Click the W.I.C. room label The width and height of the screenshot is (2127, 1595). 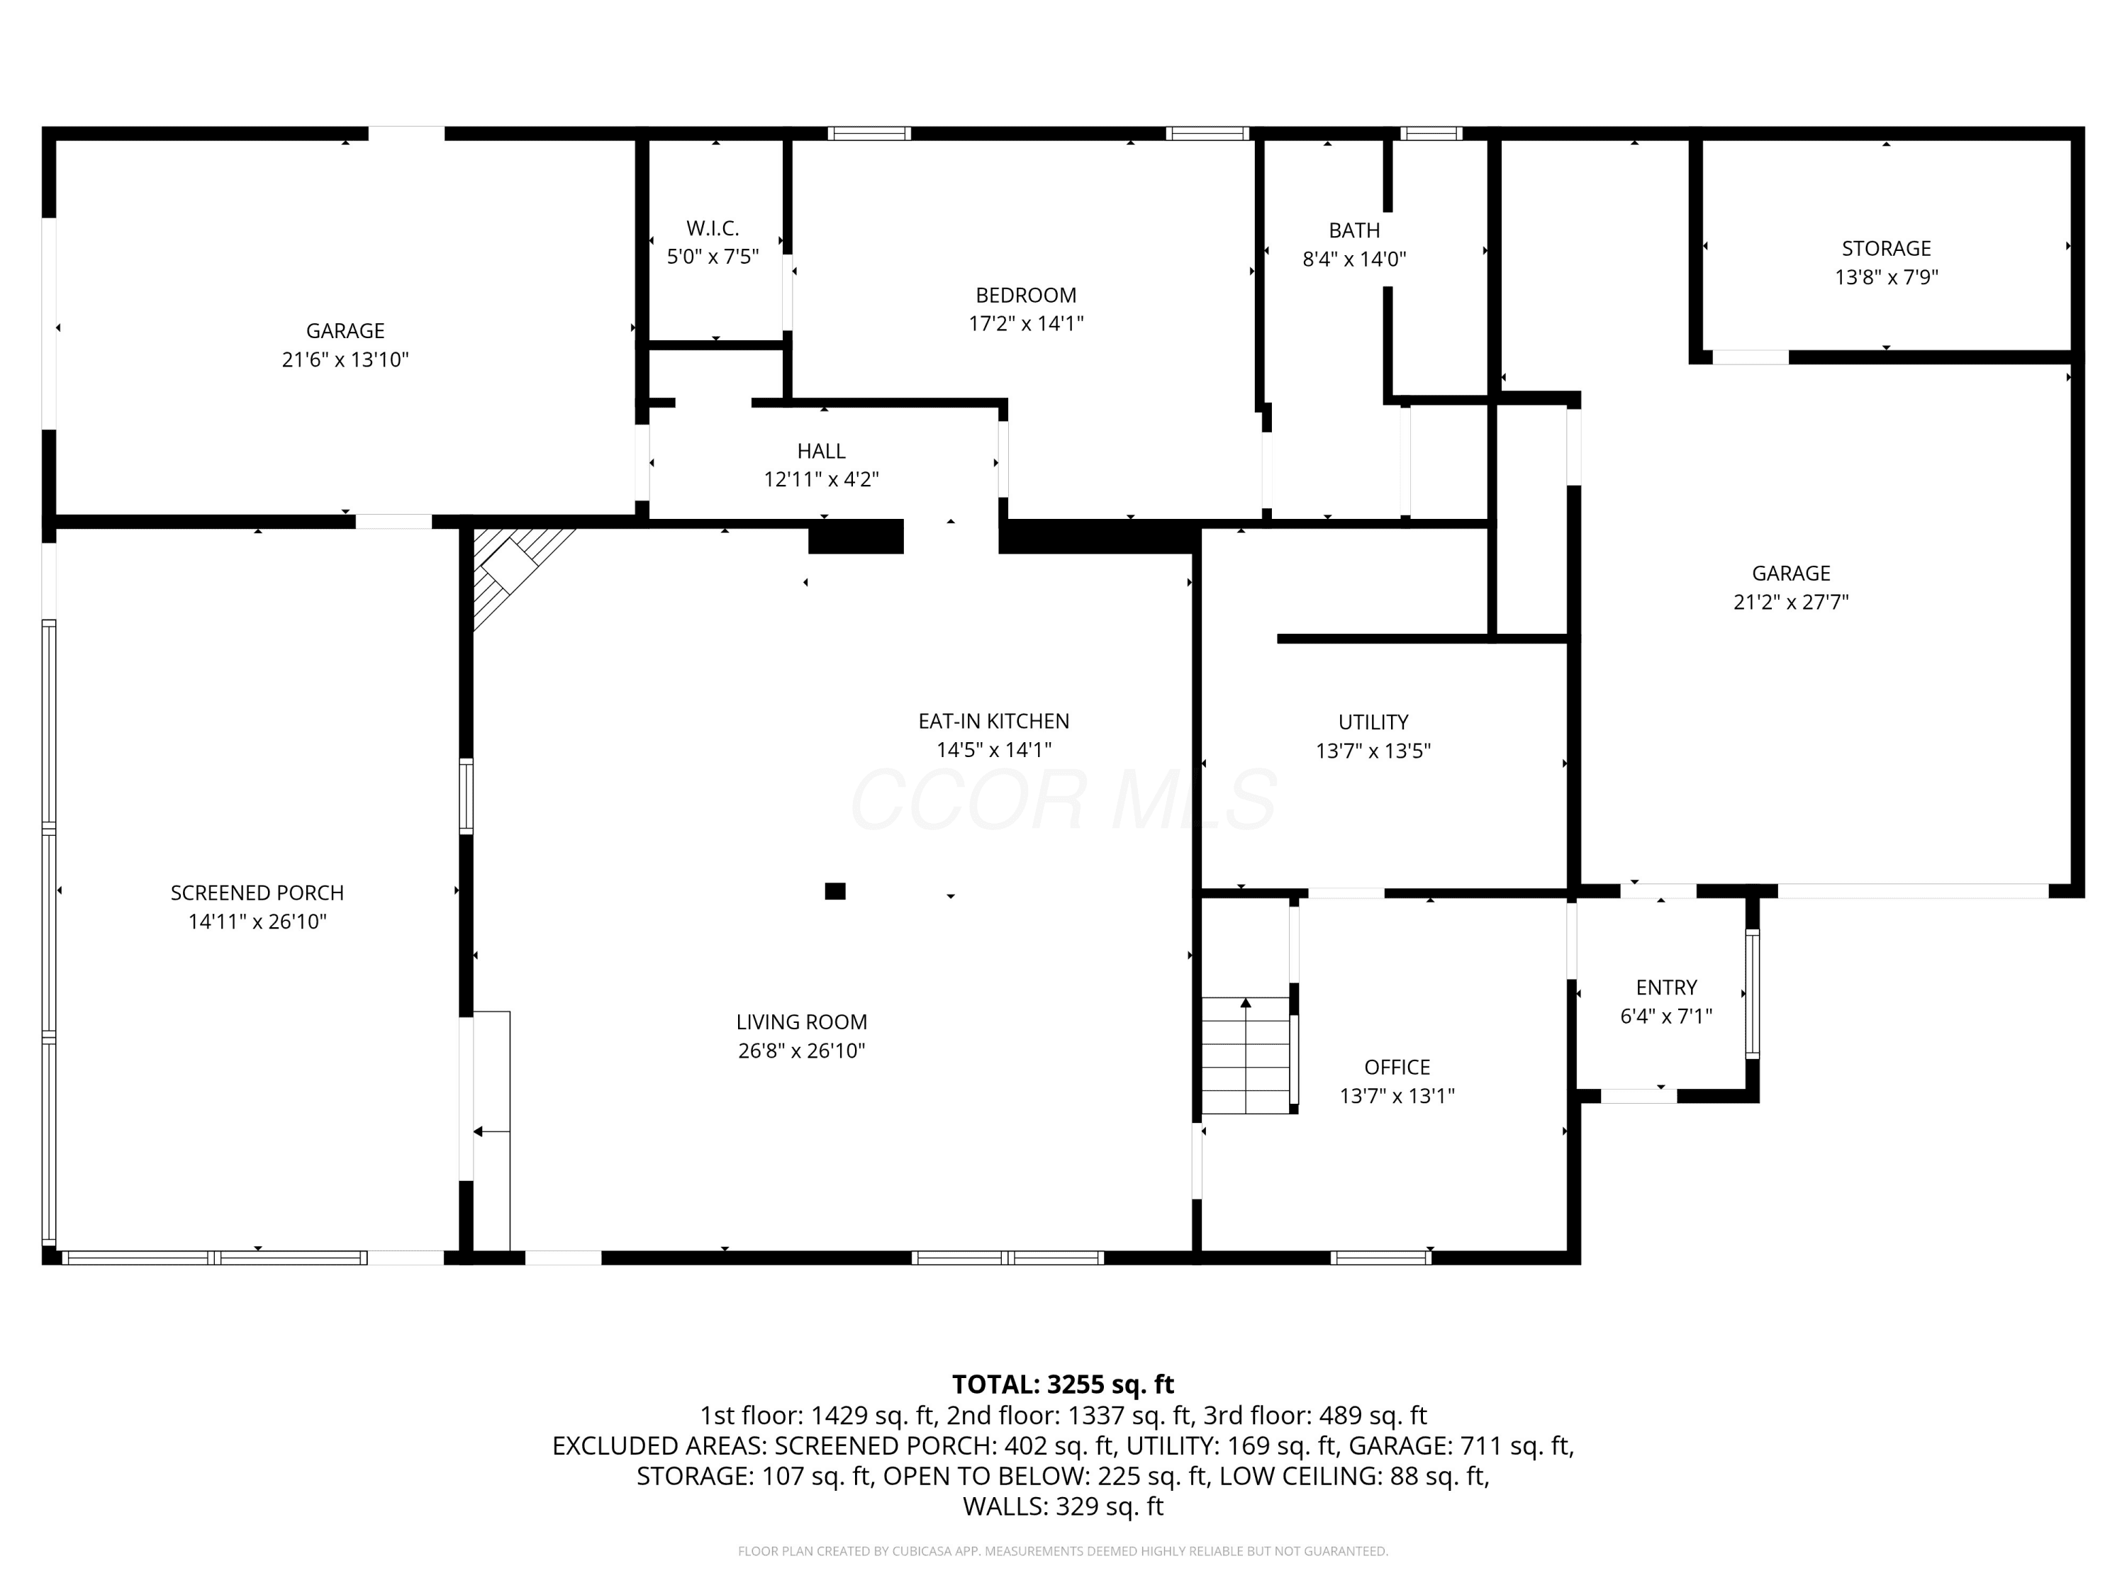point(713,229)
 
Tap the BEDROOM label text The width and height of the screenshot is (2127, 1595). point(1026,295)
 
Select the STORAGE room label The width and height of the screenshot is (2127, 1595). point(1886,249)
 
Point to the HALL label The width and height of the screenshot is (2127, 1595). point(821,451)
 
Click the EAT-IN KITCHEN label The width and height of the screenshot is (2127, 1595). point(993,721)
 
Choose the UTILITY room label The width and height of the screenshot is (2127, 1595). point(1373,722)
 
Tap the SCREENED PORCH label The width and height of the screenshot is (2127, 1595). point(257,893)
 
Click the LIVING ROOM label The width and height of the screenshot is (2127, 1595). point(802,1022)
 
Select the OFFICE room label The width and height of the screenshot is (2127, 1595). point(1397,1067)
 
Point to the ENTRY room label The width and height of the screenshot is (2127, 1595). point(1666,987)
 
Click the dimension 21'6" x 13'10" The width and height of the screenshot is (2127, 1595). point(345,359)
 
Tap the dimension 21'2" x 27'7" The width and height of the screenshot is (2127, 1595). point(1790,602)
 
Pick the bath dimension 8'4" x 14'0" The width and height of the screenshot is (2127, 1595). point(1354,259)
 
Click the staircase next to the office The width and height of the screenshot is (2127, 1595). point(1245,1055)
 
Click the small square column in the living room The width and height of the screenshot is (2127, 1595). point(834,891)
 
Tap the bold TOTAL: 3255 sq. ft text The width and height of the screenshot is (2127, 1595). point(1063,1384)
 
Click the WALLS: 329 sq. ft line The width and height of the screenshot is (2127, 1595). point(1063,1506)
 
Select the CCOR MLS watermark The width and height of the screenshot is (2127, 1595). point(1063,799)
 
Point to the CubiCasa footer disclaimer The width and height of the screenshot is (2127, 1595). point(1063,1551)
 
